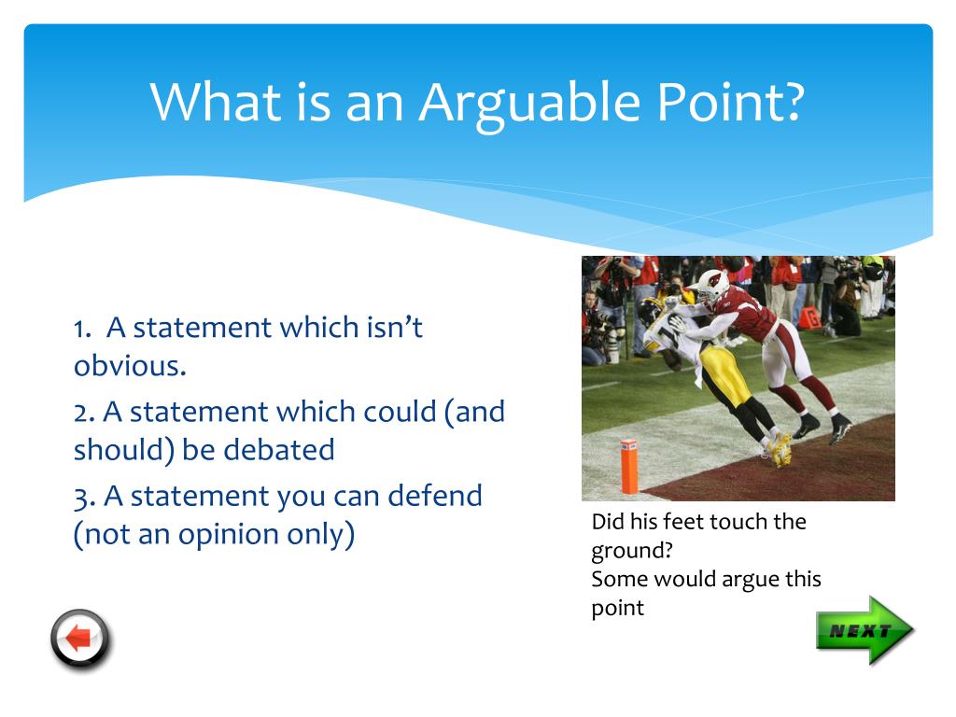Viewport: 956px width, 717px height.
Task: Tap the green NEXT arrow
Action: click(x=865, y=630)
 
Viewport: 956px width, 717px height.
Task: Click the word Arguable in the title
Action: click(x=529, y=103)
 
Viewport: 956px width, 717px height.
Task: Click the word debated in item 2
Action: click(x=278, y=449)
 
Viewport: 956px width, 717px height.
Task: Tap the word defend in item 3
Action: click(x=435, y=495)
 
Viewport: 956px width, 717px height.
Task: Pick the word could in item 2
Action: click(x=400, y=412)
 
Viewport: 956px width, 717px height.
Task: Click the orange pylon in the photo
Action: click(x=628, y=466)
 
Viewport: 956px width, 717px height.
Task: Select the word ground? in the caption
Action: click(x=632, y=551)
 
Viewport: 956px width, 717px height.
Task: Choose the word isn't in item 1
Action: click(x=395, y=327)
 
